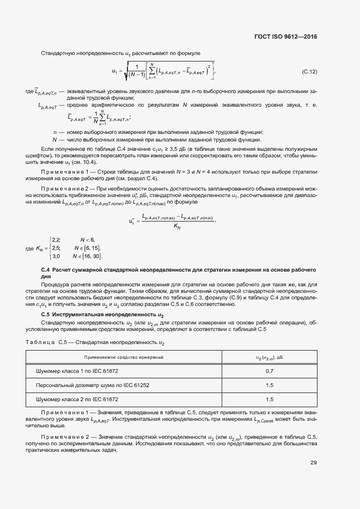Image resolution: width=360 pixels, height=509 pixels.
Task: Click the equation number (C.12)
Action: point(309,71)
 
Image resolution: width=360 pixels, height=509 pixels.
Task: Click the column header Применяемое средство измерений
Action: point(124,357)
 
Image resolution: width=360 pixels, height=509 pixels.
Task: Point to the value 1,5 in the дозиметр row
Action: point(269,385)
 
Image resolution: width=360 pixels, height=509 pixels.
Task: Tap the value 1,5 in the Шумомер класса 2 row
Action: point(269,399)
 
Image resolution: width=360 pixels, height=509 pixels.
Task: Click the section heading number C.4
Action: point(46,270)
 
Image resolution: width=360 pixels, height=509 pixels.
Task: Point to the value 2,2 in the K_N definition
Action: point(56,240)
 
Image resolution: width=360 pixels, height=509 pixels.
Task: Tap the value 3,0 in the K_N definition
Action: point(56,256)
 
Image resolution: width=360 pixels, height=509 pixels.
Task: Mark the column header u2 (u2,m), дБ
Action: point(269,357)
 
